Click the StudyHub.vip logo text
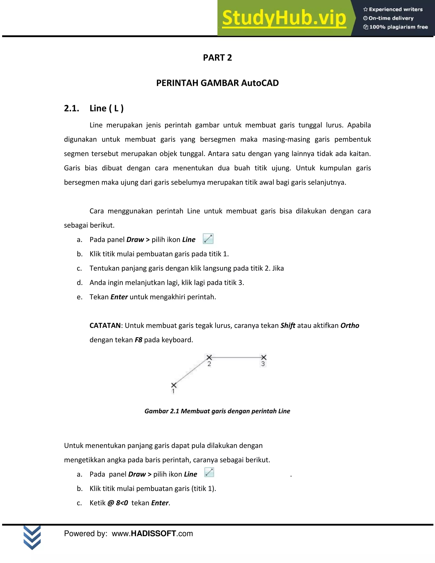coord(284,18)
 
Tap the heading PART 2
coord(217,58)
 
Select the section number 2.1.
coord(71,108)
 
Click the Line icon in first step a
coord(208,239)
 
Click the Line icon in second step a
coord(209,472)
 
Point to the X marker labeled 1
coord(174,385)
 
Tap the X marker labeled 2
coord(209,357)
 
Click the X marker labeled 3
coord(263,357)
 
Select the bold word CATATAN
coord(105,325)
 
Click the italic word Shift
coord(288,325)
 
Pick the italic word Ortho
coord(349,325)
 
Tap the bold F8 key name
coord(138,340)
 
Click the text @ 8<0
coord(117,503)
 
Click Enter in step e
coord(119,297)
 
